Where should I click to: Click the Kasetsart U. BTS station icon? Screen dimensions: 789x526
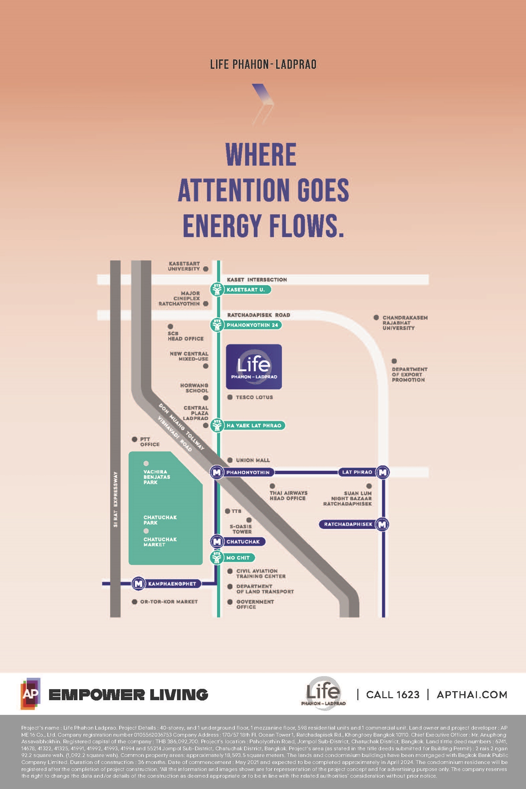(x=217, y=290)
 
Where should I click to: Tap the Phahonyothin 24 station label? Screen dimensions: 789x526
(x=253, y=325)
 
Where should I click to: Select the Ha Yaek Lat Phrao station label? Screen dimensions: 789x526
(x=254, y=426)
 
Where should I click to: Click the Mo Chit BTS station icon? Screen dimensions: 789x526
(x=217, y=558)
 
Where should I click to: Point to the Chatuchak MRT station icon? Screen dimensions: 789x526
(x=217, y=542)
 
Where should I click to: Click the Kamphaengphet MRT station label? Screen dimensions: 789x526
(x=172, y=584)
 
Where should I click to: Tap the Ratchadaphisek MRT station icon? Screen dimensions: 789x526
(x=382, y=524)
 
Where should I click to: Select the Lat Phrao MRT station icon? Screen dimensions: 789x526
(x=382, y=472)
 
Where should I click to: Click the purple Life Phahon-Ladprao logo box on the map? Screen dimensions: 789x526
(x=254, y=366)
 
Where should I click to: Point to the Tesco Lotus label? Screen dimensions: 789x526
(x=254, y=397)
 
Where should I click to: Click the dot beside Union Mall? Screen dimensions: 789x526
(x=230, y=460)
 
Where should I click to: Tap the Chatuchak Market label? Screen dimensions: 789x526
(x=160, y=542)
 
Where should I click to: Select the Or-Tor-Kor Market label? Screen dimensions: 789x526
(x=169, y=602)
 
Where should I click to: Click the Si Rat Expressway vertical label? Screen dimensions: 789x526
(x=115, y=499)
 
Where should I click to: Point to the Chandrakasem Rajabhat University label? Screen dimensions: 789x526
(x=404, y=323)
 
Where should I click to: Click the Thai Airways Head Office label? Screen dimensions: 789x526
(x=288, y=495)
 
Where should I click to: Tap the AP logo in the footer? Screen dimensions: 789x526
(x=30, y=694)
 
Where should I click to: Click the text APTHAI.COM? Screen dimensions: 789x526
(x=472, y=695)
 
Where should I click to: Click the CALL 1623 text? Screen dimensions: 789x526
(x=393, y=695)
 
